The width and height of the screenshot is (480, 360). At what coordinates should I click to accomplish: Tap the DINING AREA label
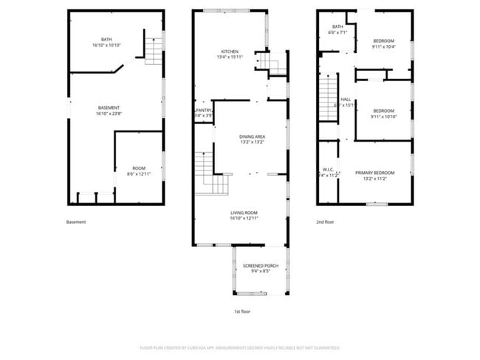[252, 136]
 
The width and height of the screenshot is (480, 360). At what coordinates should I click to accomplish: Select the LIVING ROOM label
[243, 212]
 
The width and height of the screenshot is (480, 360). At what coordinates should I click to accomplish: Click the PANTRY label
[204, 111]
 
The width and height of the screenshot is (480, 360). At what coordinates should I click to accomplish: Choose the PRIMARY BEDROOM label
[371, 173]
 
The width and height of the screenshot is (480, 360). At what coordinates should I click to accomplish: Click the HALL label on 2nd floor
[345, 100]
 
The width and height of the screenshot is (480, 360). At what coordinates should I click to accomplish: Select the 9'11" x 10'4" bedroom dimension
[383, 46]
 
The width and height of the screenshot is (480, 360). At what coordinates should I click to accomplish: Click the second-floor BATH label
[337, 27]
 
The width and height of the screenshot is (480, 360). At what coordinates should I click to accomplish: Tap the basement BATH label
[107, 40]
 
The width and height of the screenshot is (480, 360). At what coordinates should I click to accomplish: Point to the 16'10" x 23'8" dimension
[109, 114]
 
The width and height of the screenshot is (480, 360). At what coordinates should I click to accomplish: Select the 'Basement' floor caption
[76, 222]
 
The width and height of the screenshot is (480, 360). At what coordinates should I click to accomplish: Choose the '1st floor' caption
[242, 312]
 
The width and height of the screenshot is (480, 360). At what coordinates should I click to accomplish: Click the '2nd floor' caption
[325, 222]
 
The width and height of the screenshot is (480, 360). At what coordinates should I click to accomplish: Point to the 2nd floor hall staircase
[329, 100]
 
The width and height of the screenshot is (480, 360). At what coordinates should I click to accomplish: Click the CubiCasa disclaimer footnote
[239, 347]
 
